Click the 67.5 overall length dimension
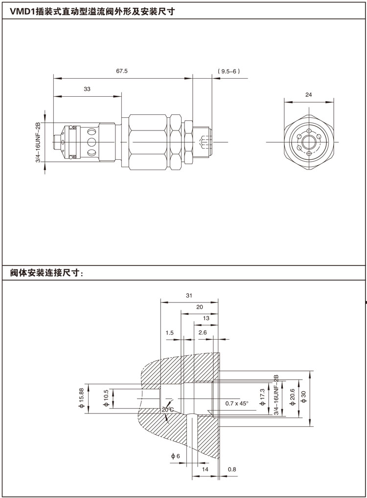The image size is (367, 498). [x=122, y=71]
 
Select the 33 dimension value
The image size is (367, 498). [x=88, y=89]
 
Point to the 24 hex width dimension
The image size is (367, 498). [x=308, y=95]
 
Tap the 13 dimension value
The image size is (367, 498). [x=206, y=318]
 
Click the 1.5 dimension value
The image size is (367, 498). [x=170, y=333]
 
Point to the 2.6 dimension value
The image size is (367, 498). [x=203, y=333]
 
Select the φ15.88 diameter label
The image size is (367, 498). [x=81, y=398]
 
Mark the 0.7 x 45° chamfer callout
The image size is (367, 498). [x=237, y=403]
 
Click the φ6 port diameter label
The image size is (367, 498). [x=176, y=456]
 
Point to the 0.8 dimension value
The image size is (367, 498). [x=232, y=470]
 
